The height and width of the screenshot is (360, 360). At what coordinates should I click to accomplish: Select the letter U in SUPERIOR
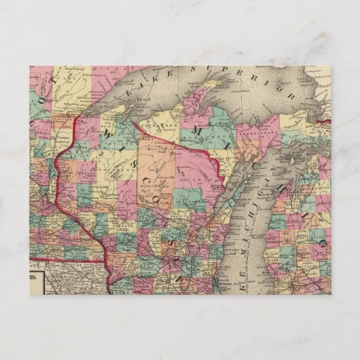(x=207, y=69)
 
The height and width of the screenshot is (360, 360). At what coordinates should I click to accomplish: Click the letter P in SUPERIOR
(x=221, y=67)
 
